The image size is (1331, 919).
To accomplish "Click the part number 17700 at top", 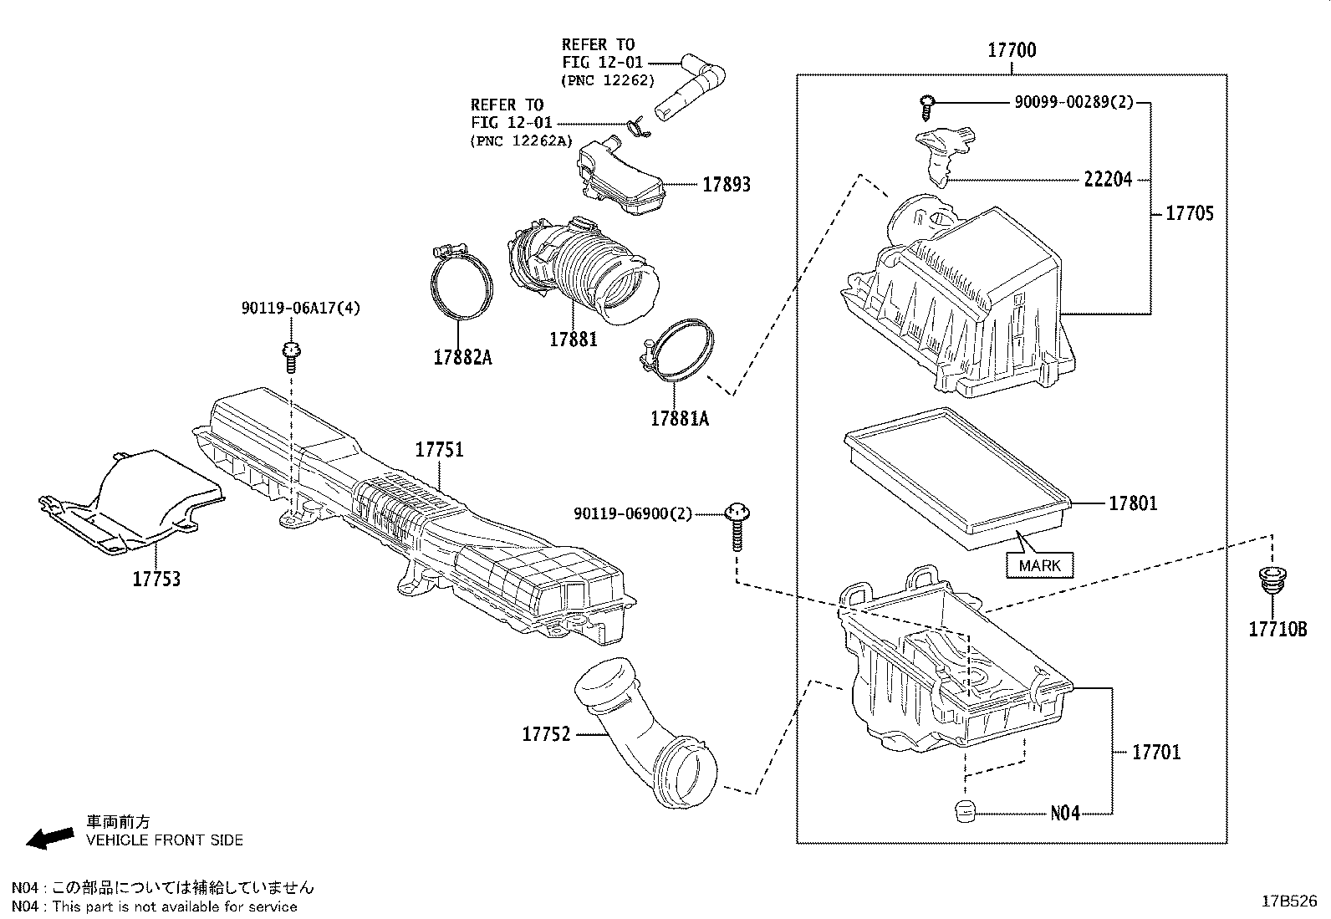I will click(1012, 50).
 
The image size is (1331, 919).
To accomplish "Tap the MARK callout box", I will click(1039, 565).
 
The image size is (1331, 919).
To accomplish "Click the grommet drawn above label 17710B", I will click(1271, 582).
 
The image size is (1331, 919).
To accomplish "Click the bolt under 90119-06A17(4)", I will click(290, 355).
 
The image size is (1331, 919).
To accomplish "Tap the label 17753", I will click(156, 579).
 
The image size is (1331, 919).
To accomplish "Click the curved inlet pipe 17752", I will click(644, 736).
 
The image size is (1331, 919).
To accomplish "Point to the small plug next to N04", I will click(966, 810).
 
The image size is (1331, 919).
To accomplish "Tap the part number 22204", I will click(1108, 179).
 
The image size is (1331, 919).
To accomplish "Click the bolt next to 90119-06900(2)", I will click(737, 526).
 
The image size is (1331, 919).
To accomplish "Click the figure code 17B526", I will click(1289, 901).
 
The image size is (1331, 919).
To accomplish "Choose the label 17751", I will click(439, 450).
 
